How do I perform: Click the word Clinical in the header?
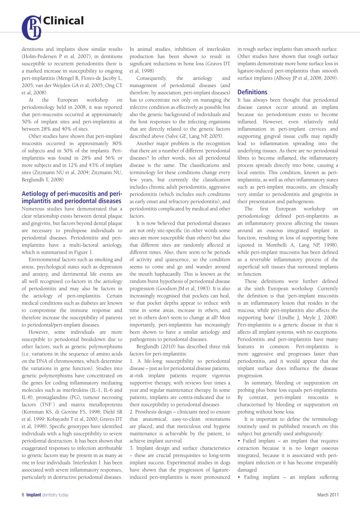point(63,21)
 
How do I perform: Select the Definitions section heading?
point(252,92)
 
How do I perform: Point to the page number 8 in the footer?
point(23,495)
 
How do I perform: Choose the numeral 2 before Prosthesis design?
point(131,412)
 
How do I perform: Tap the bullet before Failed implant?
point(239,441)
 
